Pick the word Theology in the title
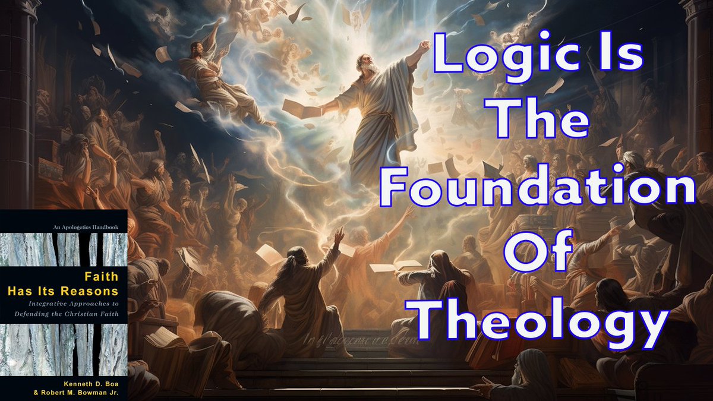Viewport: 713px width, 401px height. [x=539, y=324]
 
